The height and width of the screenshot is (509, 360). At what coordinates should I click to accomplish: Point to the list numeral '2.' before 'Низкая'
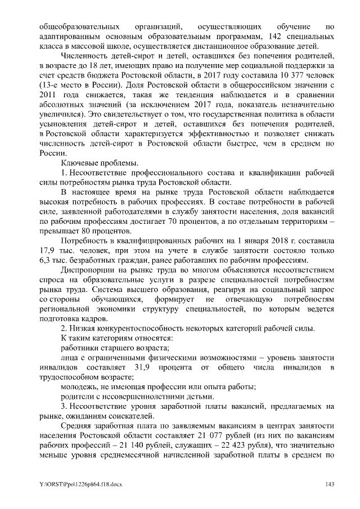click(x=64, y=328)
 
